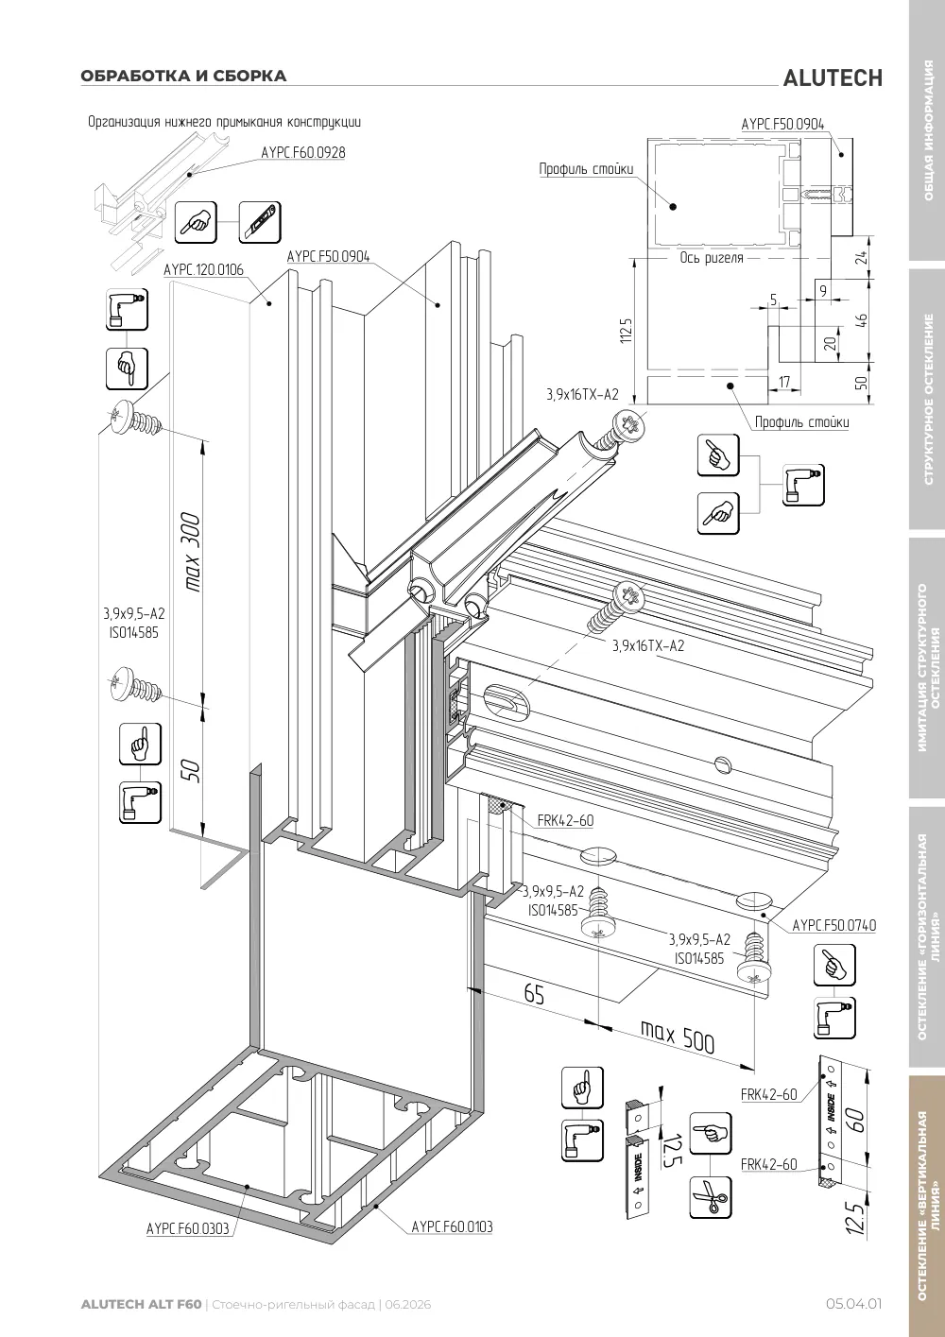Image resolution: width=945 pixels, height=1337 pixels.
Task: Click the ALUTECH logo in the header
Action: point(833,78)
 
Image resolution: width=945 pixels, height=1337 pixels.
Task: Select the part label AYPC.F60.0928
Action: point(303,153)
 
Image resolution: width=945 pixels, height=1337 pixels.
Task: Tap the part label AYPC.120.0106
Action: point(203,270)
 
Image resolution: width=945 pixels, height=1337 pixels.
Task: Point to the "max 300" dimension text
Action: point(191,552)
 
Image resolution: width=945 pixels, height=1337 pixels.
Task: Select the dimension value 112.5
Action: point(626,330)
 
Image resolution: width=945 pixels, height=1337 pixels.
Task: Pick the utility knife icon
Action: point(260,223)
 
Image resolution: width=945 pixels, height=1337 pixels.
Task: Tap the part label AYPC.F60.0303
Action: point(187,1241)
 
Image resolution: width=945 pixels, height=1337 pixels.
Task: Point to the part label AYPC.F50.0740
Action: point(834,925)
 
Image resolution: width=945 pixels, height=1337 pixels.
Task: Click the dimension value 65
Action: point(534,994)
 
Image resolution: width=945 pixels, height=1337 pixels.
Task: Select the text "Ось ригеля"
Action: point(712,258)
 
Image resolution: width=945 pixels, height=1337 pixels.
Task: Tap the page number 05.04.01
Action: point(853,1304)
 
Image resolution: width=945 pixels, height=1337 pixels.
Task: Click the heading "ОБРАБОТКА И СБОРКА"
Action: point(184,76)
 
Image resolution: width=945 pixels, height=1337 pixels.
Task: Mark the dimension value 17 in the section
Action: point(785,382)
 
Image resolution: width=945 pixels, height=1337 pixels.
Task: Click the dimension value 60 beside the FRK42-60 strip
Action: point(855,1121)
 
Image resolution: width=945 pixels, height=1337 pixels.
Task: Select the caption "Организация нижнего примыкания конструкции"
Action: point(225,122)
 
